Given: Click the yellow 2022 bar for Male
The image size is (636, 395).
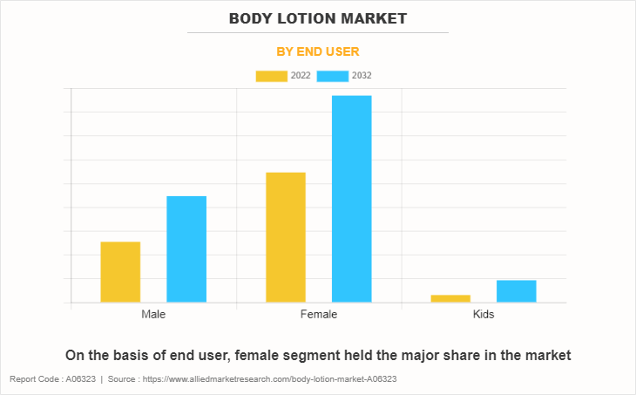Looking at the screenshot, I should (x=120, y=272).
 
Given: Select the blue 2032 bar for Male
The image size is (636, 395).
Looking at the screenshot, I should (x=186, y=249).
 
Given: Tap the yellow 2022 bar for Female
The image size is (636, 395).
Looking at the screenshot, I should (x=286, y=237).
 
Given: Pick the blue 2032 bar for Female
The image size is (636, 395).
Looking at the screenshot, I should (x=351, y=199).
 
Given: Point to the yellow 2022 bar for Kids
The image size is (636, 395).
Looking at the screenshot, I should (x=450, y=298).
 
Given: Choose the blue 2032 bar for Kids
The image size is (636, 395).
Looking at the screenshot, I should (x=517, y=291).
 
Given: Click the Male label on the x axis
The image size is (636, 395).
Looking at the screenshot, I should (x=153, y=314).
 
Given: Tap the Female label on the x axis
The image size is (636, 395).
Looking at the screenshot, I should (x=318, y=314).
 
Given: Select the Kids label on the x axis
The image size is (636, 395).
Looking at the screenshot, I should (x=483, y=314).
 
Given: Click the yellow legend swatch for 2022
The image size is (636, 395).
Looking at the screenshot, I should (x=271, y=76).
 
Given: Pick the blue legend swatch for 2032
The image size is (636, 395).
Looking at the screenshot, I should (x=333, y=76).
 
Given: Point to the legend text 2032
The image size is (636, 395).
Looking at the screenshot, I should (x=362, y=76).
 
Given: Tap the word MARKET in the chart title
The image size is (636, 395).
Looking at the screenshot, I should (x=377, y=17).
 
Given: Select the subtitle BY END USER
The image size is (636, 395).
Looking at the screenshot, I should (x=318, y=51).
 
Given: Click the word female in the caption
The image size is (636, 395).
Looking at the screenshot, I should (x=262, y=355).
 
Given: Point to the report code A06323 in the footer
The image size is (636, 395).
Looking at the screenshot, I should (x=80, y=380).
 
